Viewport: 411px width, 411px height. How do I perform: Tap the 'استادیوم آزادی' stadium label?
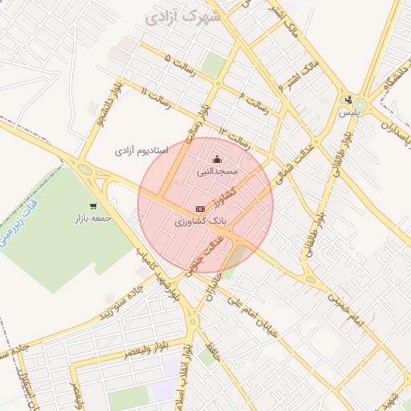click(141, 150)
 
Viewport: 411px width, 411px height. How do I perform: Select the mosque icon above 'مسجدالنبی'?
click(217, 158)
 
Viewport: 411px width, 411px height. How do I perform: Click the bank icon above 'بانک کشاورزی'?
click(200, 208)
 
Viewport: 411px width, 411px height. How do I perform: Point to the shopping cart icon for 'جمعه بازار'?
click(94, 205)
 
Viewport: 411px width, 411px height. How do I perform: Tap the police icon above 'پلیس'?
click(348, 100)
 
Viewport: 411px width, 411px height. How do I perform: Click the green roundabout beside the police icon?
click(359, 105)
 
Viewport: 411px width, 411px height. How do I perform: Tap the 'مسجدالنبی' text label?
click(217, 172)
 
